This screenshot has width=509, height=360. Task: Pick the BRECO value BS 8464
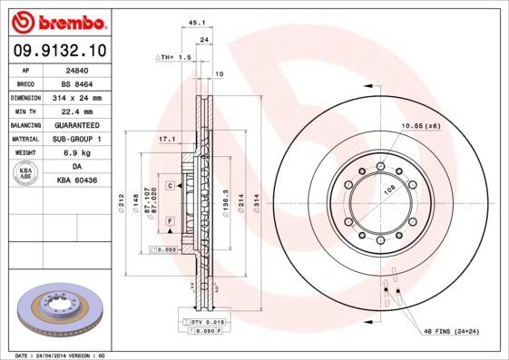[75, 83]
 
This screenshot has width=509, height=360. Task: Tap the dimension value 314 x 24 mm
[76, 97]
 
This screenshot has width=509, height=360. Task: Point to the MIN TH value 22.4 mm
[75, 111]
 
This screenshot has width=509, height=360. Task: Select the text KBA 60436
[77, 181]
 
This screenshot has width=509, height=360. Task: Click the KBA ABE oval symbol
[26, 174]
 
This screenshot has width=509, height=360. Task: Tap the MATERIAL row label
[26, 139]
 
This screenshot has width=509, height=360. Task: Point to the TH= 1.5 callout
[172, 56]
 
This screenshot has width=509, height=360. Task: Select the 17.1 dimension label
[166, 139]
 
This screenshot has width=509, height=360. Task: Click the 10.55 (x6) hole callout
[420, 126]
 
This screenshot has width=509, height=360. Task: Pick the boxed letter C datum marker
[170, 185]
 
